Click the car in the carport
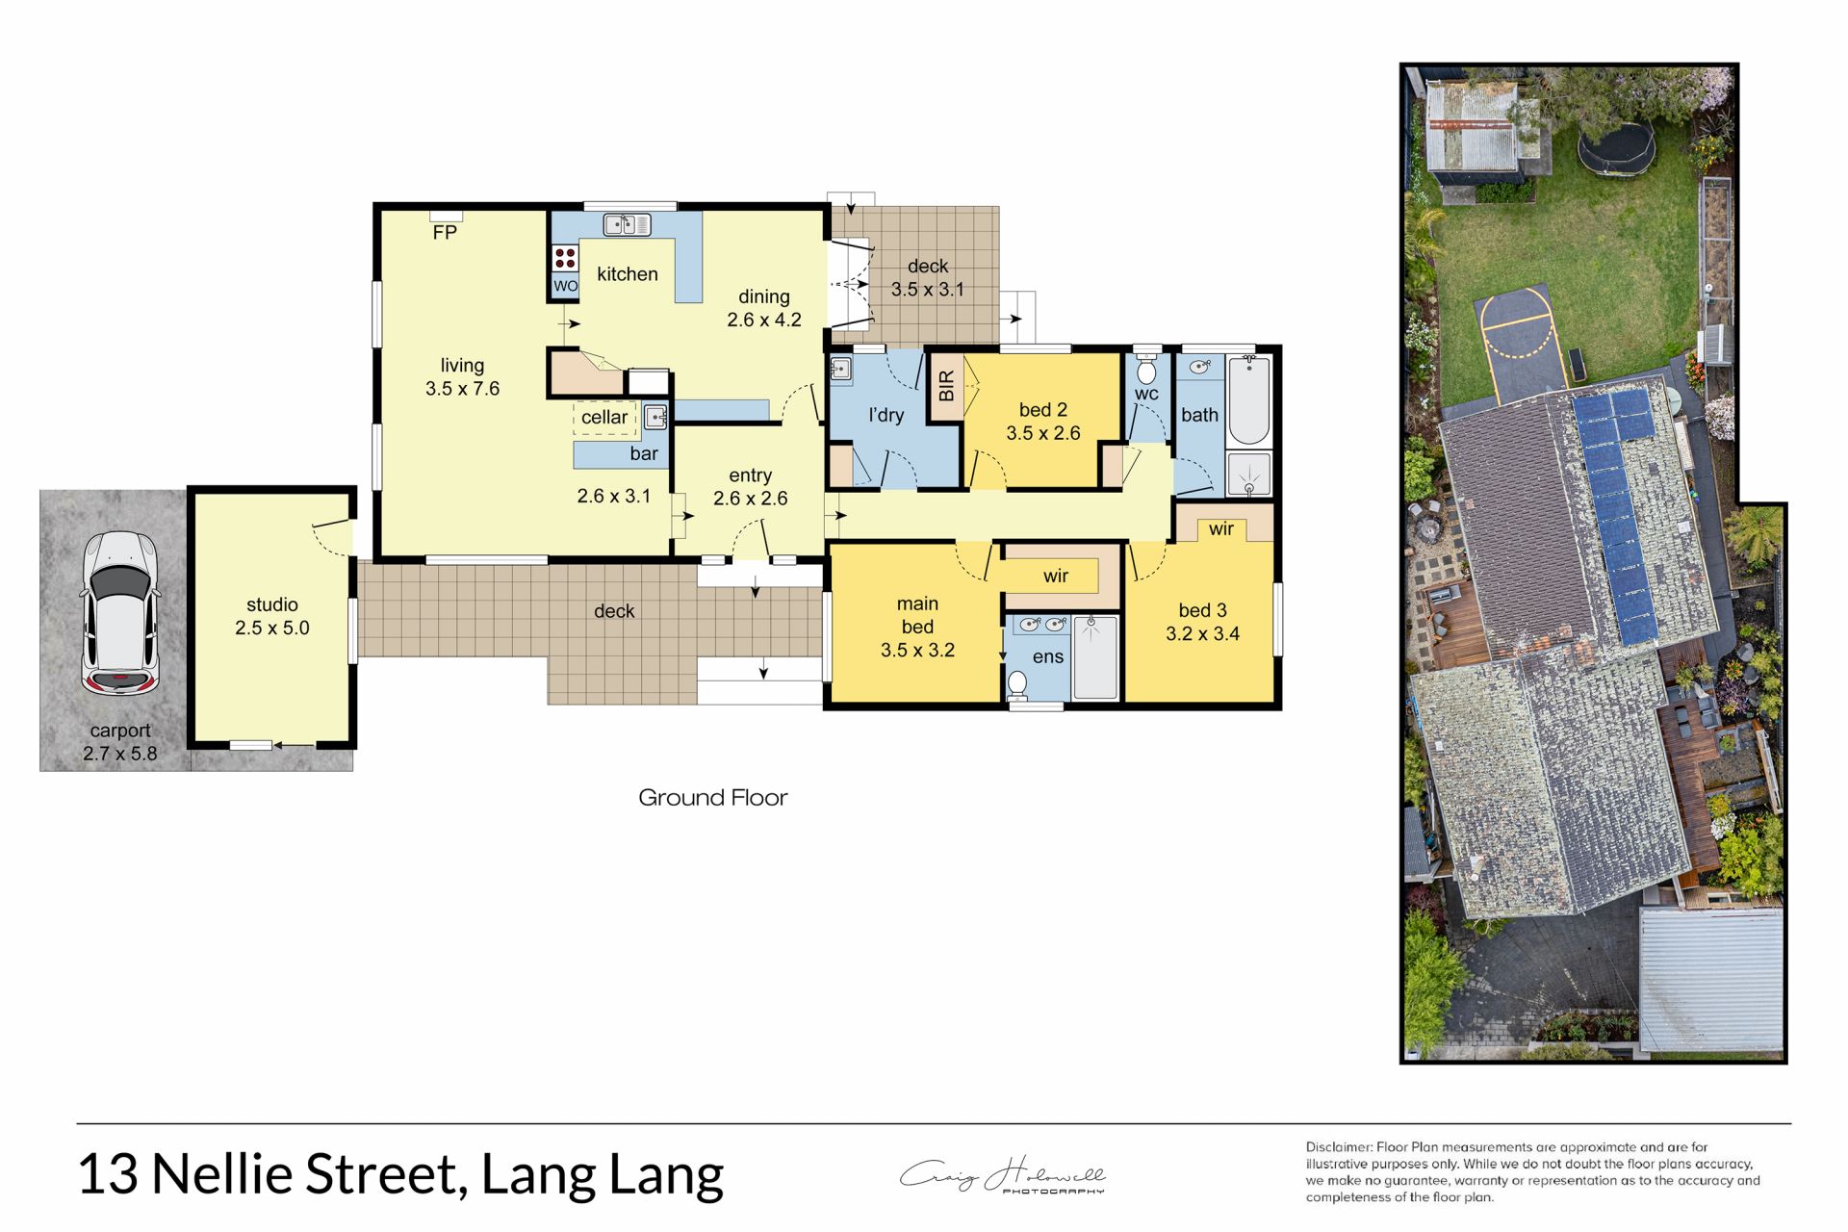pyautogui.click(x=119, y=612)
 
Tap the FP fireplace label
pyautogui.click(x=445, y=233)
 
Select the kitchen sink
pyautogui.click(x=627, y=224)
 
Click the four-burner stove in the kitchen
pyautogui.click(x=565, y=257)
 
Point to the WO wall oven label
pyautogui.click(x=565, y=286)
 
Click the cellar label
pyautogui.click(x=604, y=417)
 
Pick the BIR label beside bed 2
pyautogui.click(x=946, y=385)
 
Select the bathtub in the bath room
pyautogui.click(x=1248, y=398)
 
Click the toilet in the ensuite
pyautogui.click(x=1017, y=684)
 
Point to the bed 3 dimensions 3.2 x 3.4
pyautogui.click(x=1202, y=633)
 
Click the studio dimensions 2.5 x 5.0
pyautogui.click(x=272, y=628)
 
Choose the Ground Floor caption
pyautogui.click(x=713, y=798)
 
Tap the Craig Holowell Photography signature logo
pyautogui.click(x=1003, y=1175)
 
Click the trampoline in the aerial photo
pyautogui.click(x=1616, y=147)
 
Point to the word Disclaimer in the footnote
pyautogui.click(x=1339, y=1147)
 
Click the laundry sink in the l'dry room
pyautogui.click(x=840, y=370)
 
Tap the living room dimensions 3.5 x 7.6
pyautogui.click(x=463, y=389)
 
